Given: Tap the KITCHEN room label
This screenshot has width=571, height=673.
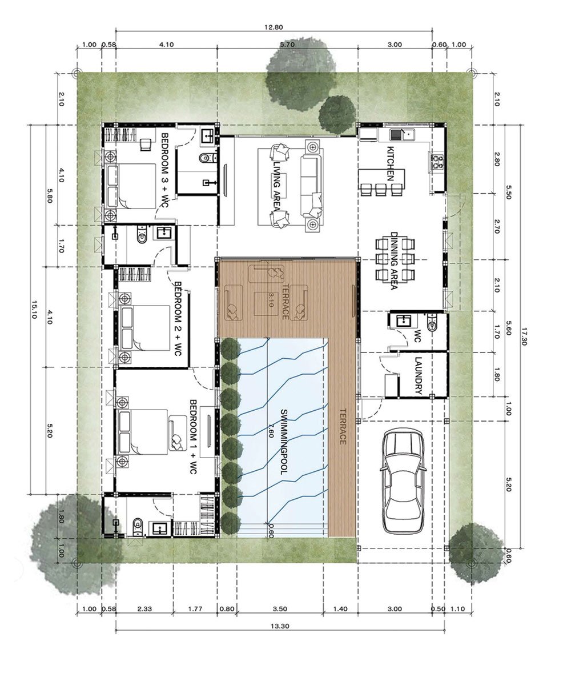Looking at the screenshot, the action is tap(391, 163).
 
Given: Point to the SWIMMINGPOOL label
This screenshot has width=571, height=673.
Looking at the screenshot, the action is tap(284, 442).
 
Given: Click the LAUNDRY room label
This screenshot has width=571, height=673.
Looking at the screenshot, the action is tap(419, 375).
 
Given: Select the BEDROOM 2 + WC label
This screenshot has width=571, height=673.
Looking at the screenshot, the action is tap(178, 319).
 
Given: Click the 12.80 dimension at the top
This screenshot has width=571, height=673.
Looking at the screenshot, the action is tap(274, 27).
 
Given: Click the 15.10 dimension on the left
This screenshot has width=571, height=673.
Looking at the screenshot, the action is tap(34, 310).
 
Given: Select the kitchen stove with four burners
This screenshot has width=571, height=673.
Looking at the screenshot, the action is tap(437, 161).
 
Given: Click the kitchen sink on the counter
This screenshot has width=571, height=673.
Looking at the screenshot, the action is tap(402, 135).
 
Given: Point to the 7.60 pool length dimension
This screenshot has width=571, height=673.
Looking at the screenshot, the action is tap(270, 429).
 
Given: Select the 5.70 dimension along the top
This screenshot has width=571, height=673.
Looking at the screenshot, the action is tap(287, 44).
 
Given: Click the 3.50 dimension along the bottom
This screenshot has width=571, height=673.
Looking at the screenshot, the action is tap(280, 608).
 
